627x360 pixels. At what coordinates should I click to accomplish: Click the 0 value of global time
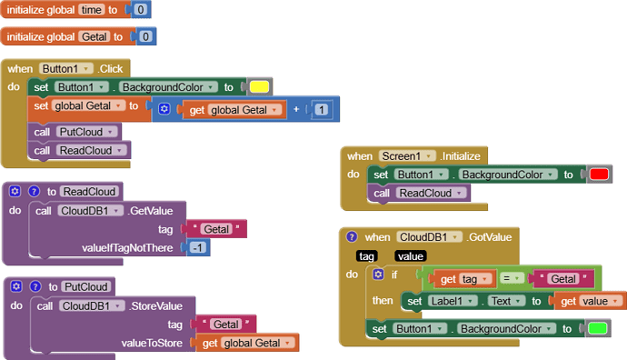click(x=141, y=10)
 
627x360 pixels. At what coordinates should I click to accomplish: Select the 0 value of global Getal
click(x=145, y=36)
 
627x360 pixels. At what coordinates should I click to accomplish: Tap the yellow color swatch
click(x=258, y=87)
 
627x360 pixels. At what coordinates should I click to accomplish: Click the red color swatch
click(x=598, y=174)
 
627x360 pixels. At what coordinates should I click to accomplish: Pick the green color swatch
click(x=597, y=328)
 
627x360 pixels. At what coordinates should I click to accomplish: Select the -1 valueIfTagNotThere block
click(x=196, y=248)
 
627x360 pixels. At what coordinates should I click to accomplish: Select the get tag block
click(x=461, y=278)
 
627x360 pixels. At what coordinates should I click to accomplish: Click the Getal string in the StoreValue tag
click(x=226, y=324)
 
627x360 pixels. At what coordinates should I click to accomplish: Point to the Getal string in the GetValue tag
click(x=214, y=229)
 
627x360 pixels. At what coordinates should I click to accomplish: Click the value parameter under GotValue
click(x=411, y=256)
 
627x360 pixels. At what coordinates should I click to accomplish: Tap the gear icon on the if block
click(x=378, y=274)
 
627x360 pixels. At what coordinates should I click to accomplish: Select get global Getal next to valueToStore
click(x=247, y=343)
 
